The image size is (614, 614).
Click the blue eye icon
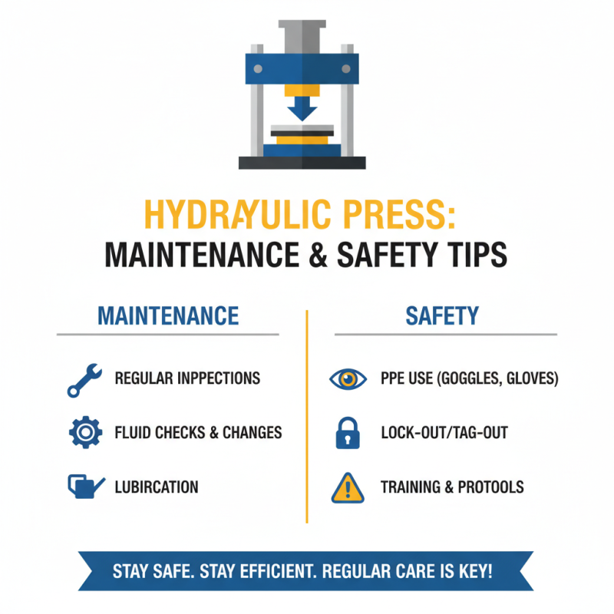(x=347, y=378)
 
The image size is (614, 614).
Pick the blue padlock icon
(x=347, y=433)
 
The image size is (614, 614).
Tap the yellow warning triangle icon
(x=347, y=487)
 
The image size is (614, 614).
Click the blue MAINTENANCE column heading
(x=168, y=315)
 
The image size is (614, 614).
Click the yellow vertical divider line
(x=307, y=414)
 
